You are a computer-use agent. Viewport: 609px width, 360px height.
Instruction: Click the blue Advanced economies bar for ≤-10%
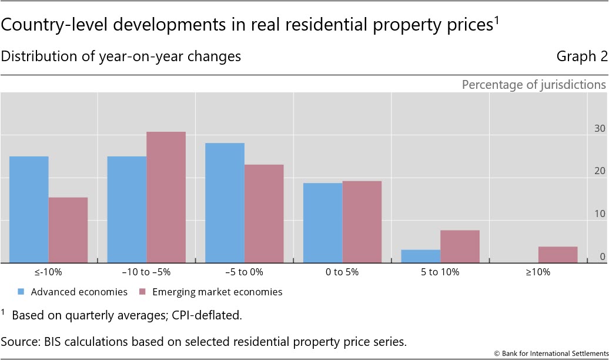point(29,209)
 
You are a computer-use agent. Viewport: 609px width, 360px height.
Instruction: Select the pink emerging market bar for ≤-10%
point(68,230)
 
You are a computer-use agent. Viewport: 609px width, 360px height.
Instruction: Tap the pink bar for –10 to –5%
point(166,197)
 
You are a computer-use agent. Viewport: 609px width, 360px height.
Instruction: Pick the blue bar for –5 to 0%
point(225,203)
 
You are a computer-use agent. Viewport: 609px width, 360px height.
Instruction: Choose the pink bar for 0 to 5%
point(362,222)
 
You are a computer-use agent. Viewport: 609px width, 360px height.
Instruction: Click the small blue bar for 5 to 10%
point(420,256)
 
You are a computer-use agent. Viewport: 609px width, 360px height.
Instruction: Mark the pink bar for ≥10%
point(558,255)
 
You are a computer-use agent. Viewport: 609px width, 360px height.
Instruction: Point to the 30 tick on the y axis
point(600,128)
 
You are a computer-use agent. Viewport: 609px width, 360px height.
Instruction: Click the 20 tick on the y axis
point(600,171)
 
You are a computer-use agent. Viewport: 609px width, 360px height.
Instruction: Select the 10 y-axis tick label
point(600,214)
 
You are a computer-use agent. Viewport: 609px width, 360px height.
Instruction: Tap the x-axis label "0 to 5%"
point(342,272)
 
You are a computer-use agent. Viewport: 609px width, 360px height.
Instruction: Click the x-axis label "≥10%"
point(538,272)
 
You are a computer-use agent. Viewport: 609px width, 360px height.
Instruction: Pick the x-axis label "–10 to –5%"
point(146,272)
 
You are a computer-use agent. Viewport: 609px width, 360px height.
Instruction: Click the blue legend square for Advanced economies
point(22,292)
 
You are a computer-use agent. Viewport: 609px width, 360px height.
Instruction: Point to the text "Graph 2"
point(581,56)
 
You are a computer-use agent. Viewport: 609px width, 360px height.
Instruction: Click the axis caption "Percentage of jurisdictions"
point(533,85)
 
